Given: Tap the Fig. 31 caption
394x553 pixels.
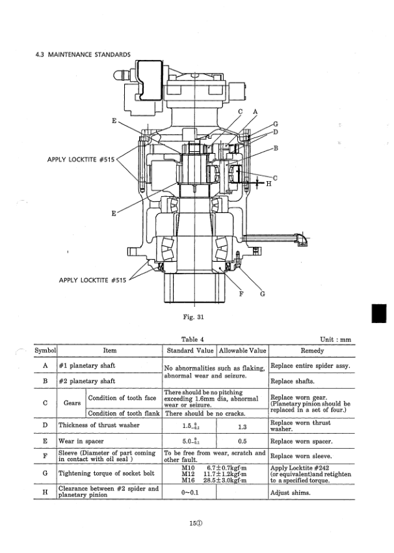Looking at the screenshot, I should [x=194, y=317].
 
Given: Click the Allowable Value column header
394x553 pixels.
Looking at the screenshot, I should [x=241, y=350].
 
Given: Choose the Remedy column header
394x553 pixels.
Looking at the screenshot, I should [x=312, y=350].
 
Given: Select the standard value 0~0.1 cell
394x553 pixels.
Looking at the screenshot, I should [x=189, y=493].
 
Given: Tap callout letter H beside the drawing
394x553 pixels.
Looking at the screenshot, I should [x=269, y=184].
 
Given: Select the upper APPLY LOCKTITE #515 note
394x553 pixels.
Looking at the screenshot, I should [x=81, y=160].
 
